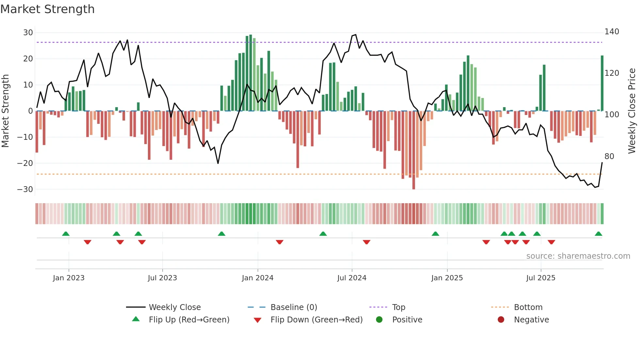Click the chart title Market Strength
pyautogui.click(x=47, y=9)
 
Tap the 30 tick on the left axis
pyautogui.click(x=28, y=33)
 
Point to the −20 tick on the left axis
pyautogui.click(x=25, y=163)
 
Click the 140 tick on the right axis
pyautogui.click(x=612, y=32)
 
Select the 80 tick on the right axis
pyautogui.click(x=609, y=156)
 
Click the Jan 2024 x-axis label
pyautogui.click(x=257, y=278)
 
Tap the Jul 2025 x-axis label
pyautogui.click(x=540, y=278)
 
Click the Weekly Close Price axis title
pyautogui.click(x=632, y=111)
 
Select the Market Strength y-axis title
pyautogui.click(x=6, y=111)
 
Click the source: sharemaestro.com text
pyautogui.click(x=578, y=256)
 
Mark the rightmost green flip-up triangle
pyautogui.click(x=598, y=234)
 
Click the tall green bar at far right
pyautogui.click(x=602, y=83)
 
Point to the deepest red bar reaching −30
pyautogui.click(x=414, y=150)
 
